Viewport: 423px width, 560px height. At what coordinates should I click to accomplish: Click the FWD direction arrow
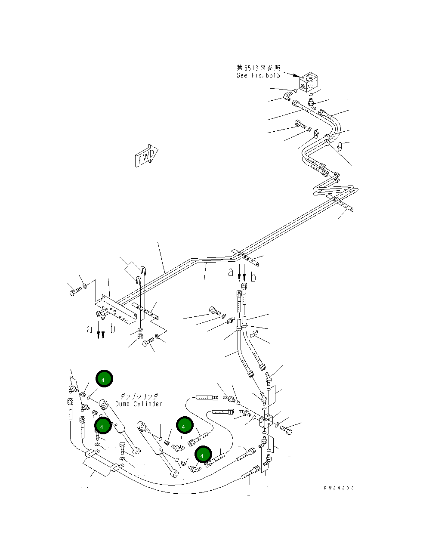point(147,156)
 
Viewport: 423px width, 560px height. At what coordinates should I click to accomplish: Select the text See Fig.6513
point(258,75)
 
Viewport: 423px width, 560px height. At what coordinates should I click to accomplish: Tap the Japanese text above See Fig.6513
point(258,68)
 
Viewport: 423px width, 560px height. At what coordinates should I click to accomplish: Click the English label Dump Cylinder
point(139,404)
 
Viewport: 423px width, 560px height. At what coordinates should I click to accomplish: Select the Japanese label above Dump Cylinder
point(139,396)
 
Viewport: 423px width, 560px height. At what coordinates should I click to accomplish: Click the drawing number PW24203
point(339,488)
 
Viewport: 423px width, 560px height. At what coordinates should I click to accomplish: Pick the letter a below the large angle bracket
point(90,329)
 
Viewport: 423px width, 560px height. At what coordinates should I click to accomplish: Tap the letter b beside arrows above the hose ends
point(253,278)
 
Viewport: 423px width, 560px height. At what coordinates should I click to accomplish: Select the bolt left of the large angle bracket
point(74,292)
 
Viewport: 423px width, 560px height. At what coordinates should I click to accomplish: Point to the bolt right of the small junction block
point(286,429)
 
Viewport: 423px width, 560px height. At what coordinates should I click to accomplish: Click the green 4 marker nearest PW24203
point(203,455)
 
